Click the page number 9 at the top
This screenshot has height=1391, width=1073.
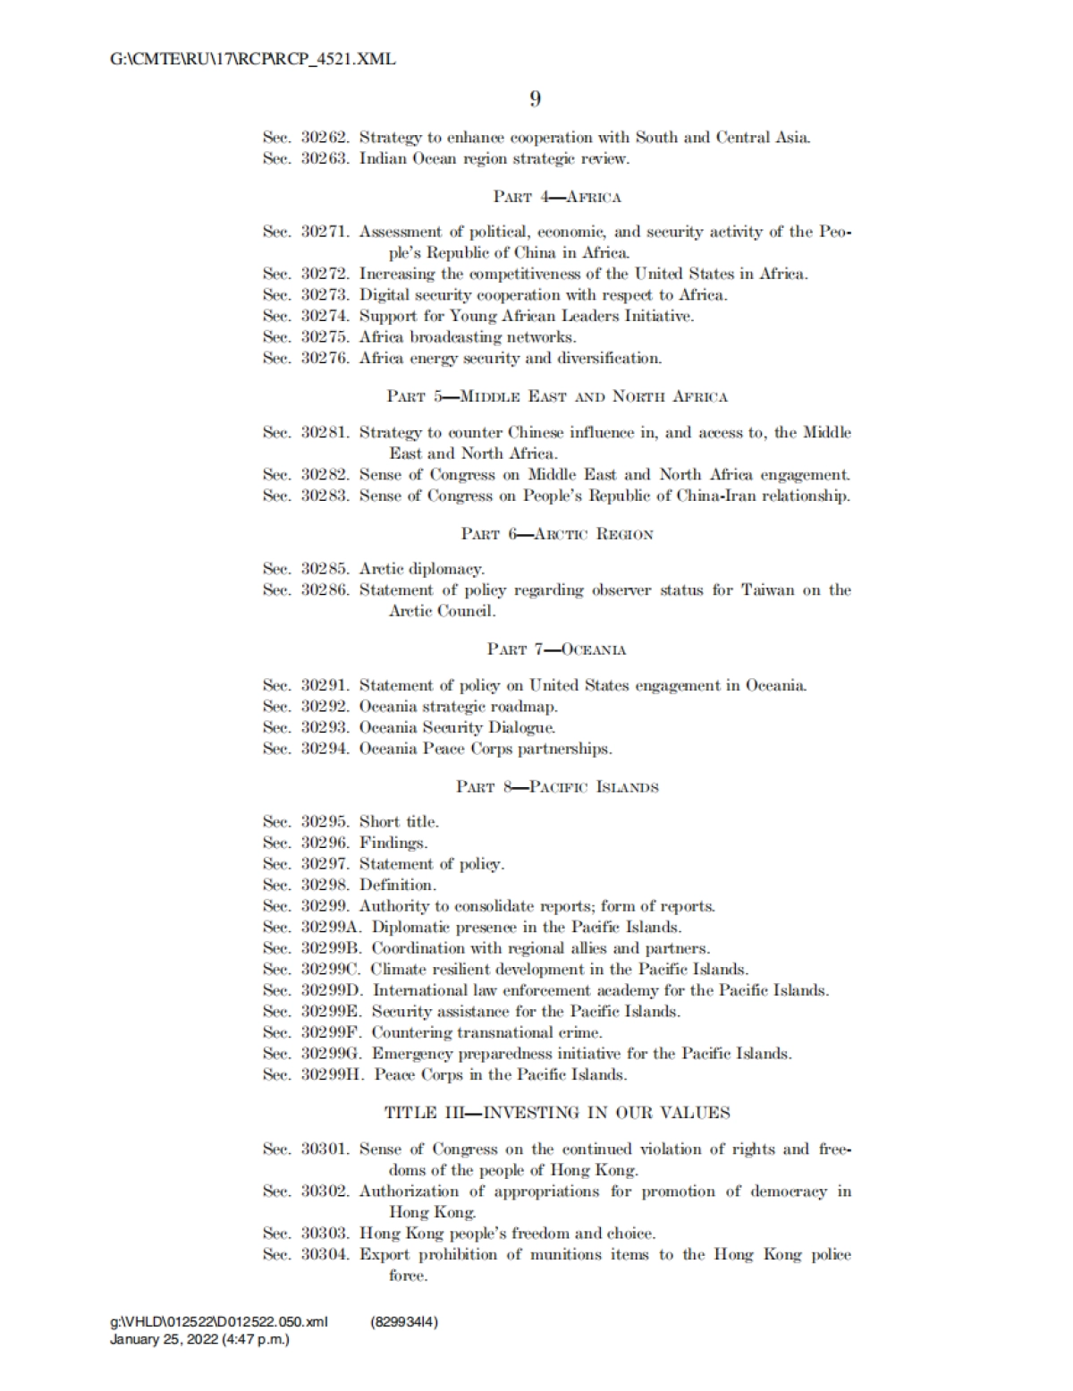pos(535,99)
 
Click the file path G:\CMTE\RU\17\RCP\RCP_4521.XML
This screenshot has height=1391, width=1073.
pos(253,60)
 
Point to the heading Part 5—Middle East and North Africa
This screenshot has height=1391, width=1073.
pos(556,396)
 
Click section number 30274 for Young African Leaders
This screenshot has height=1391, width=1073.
pos(324,316)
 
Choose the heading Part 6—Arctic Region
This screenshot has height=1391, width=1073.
pos(556,534)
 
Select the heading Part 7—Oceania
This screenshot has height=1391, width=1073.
pos(556,649)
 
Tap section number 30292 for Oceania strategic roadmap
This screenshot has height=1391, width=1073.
pos(324,707)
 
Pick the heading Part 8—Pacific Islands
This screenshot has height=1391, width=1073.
pos(556,787)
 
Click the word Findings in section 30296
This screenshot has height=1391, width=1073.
pos(393,843)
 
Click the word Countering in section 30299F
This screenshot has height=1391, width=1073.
pos(410,1032)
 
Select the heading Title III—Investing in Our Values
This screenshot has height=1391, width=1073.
pos(556,1113)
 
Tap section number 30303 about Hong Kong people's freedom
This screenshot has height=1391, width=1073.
pos(324,1234)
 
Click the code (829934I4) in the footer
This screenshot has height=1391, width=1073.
pos(403,1322)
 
